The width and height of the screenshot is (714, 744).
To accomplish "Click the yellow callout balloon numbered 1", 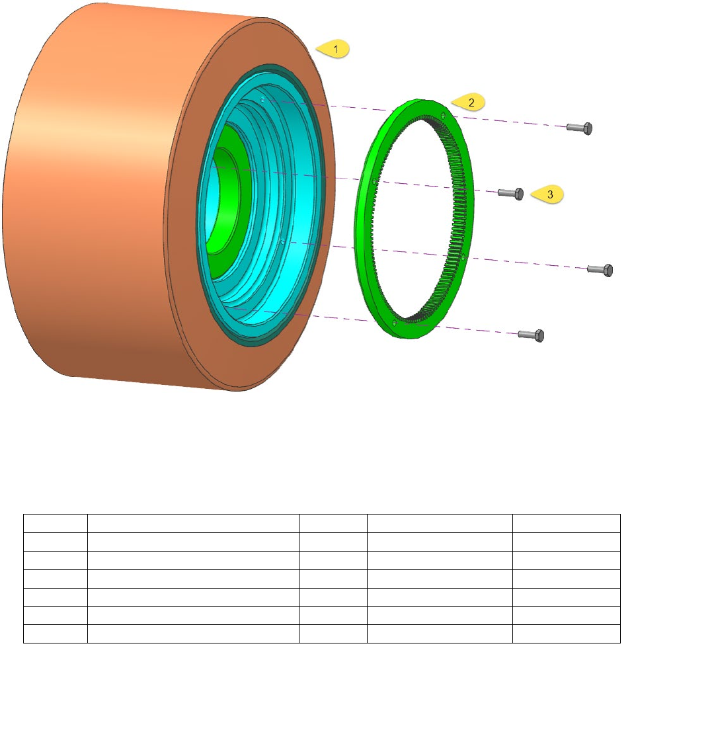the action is click(333, 49).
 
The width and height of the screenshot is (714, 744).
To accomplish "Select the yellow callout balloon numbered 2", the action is click(469, 102).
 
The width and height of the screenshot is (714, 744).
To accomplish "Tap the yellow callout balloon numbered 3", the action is click(548, 194).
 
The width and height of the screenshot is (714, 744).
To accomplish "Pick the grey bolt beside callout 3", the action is click(511, 193).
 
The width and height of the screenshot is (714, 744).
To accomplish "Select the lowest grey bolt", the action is click(532, 335).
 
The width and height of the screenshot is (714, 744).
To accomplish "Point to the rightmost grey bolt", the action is click(600, 270).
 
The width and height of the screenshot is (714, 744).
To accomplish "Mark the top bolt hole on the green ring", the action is click(444, 115).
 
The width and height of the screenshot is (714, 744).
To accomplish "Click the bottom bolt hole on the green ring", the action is click(395, 323).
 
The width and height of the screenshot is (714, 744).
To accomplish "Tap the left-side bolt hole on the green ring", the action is click(374, 181).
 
